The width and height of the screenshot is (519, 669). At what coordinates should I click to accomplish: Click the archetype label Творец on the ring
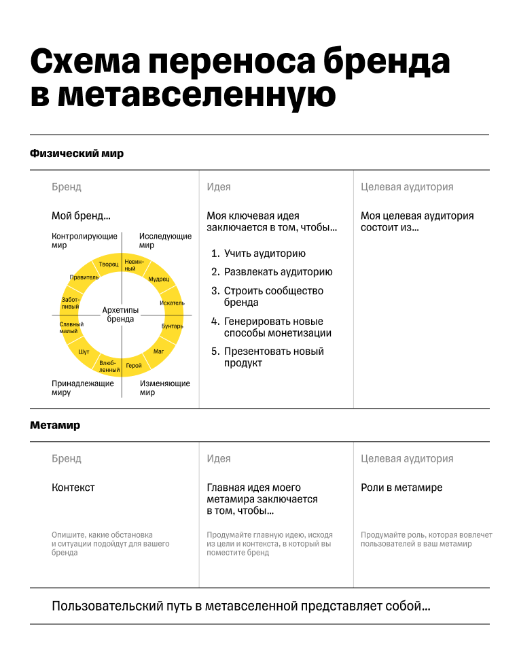click(109, 264)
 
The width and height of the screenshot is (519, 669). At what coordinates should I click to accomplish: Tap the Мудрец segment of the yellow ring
click(158, 279)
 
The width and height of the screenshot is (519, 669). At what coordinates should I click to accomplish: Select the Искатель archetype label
click(172, 303)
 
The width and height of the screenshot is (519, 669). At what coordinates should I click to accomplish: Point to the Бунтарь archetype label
click(172, 326)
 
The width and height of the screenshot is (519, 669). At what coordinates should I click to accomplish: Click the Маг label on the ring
click(159, 351)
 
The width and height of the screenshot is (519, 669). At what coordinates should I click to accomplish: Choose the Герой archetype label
click(134, 366)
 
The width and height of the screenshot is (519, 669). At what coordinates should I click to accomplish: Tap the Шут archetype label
click(84, 351)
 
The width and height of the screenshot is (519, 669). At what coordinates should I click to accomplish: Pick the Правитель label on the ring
click(84, 277)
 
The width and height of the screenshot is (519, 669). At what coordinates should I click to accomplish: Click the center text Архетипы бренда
click(120, 314)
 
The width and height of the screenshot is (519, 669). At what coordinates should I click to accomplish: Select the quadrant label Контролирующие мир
click(84, 241)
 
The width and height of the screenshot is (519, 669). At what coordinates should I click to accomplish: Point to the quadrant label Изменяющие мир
click(164, 388)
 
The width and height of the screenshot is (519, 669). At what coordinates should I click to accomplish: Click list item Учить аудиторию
click(264, 254)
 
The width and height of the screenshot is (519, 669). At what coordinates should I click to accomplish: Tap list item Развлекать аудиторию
click(278, 272)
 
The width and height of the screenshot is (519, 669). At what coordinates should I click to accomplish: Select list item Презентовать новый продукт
click(274, 357)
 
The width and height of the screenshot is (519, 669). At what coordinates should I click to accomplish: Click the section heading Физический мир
click(77, 154)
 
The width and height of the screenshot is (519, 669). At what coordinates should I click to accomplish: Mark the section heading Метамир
click(55, 426)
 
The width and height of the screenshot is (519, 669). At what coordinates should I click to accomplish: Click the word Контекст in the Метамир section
click(73, 487)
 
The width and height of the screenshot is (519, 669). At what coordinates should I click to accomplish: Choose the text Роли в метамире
click(401, 487)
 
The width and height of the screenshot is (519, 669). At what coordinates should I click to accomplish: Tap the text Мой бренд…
click(81, 216)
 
